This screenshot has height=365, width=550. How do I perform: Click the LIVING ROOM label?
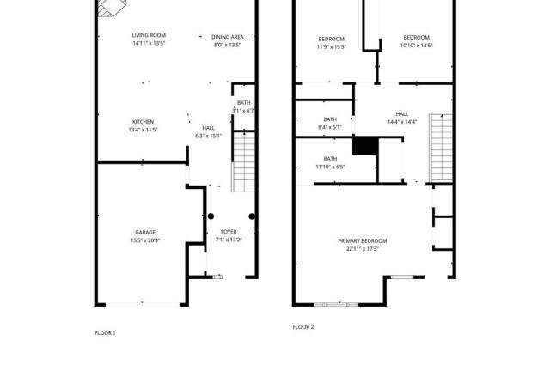tap(149, 35)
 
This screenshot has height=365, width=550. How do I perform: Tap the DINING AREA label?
tap(227, 37)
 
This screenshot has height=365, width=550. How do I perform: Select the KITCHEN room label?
tap(143, 122)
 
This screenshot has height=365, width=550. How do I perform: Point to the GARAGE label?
tap(145, 233)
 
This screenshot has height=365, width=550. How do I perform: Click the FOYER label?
tap(229, 232)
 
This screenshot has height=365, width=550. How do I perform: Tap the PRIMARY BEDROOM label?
tap(363, 241)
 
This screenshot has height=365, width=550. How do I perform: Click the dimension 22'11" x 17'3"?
tap(363, 249)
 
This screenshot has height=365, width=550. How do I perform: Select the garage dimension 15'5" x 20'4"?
tap(145, 240)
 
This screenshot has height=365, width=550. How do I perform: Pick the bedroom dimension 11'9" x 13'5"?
tap(332, 47)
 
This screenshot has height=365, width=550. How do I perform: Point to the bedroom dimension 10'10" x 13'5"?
tap(416, 46)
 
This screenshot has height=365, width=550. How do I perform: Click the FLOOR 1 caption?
tap(105, 333)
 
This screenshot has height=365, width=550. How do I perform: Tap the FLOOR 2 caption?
tap(303, 327)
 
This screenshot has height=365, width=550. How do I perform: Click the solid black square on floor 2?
tap(365, 145)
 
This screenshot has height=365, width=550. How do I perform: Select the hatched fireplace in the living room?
tap(112, 8)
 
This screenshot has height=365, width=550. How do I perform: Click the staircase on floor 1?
tap(243, 162)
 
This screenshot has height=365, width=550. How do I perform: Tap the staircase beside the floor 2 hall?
tap(441, 148)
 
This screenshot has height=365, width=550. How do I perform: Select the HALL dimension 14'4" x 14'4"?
tap(402, 122)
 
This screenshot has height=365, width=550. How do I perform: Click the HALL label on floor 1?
tap(208, 128)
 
